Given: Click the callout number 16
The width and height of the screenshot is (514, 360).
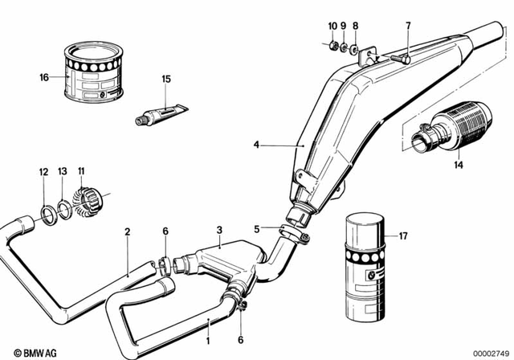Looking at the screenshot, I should [45, 77].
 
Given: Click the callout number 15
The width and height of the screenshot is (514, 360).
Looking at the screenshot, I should [166, 79].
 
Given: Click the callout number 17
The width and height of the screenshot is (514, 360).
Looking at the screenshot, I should [403, 236].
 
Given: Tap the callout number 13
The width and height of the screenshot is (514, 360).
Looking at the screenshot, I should [63, 171].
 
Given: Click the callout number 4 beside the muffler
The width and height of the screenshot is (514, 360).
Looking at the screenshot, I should [256, 145].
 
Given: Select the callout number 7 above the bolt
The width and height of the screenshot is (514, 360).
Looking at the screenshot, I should [407, 26].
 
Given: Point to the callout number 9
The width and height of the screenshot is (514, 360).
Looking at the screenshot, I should [343, 26].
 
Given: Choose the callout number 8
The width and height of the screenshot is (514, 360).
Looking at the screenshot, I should [355, 26].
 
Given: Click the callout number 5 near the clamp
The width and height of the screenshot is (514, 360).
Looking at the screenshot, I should [256, 228].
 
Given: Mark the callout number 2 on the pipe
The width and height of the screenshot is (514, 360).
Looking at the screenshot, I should [127, 232].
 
